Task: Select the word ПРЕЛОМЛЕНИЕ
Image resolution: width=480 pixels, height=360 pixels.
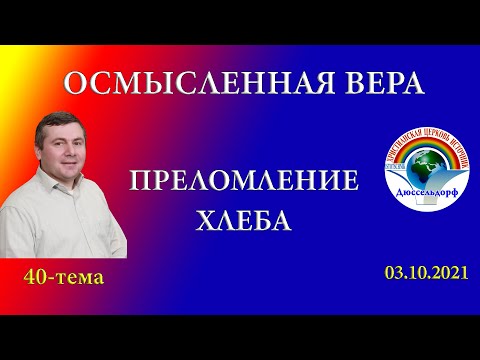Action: tap(244, 182)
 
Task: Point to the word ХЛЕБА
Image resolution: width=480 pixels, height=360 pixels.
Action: tap(244, 218)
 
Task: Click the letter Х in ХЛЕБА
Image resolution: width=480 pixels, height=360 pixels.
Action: tap(204, 218)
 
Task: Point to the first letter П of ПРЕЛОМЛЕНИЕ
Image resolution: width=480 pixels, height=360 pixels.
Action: tap(140, 182)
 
